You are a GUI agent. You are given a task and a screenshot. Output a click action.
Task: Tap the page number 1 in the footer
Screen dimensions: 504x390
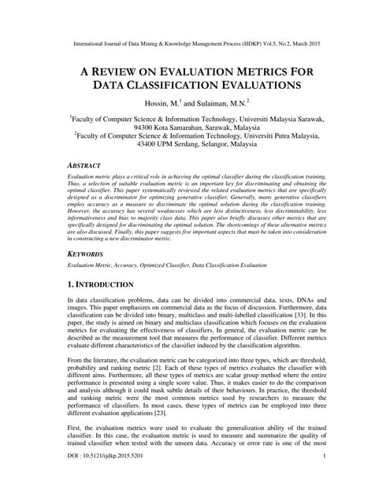(x=325, y=478)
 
